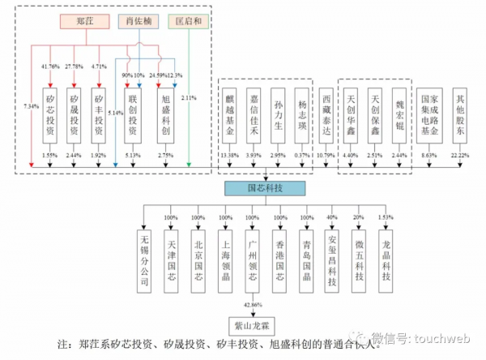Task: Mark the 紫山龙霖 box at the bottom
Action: click(x=254, y=325)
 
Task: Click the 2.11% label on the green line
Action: click(x=189, y=98)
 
